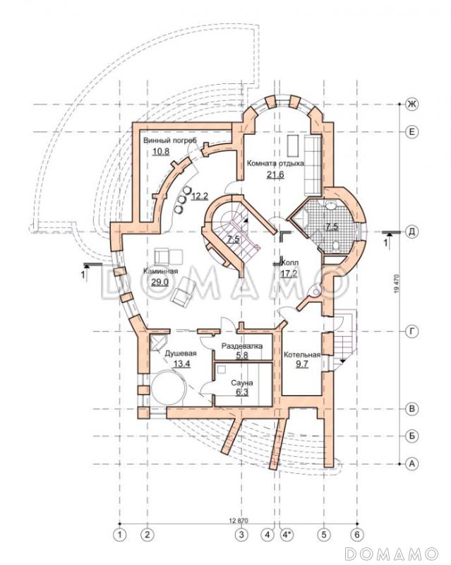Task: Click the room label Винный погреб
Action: pos(170,141)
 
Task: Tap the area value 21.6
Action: pos(275,174)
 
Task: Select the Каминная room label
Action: pos(161,271)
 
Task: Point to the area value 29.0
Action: pos(160,282)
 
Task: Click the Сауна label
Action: pos(242,383)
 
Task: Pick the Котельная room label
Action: pos(302,355)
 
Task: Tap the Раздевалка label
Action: pos(241,346)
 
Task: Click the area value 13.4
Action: pos(182,364)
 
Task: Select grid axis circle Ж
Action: pos(411,104)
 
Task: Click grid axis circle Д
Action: pos(411,231)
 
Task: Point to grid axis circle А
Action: pos(411,464)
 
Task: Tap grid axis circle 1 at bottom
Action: pos(120,535)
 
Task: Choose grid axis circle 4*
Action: pos(287,535)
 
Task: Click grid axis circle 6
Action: pos(357,535)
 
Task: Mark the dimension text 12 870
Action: pos(238,521)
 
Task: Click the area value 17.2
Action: pos(289,274)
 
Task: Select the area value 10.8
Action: pos(161,151)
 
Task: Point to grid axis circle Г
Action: pos(411,331)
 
